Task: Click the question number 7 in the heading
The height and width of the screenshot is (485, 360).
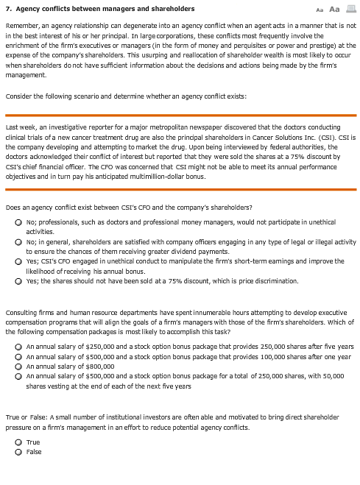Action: (x=7, y=9)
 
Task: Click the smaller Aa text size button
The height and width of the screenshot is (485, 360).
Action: (x=319, y=10)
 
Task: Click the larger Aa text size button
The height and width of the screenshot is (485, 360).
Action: (x=333, y=9)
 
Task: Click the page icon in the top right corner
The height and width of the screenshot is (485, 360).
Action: (x=350, y=9)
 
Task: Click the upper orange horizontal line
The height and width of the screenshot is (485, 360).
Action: (x=180, y=116)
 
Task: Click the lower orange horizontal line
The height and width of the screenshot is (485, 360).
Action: (x=180, y=189)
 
